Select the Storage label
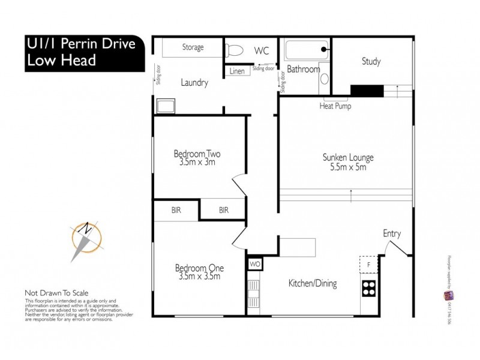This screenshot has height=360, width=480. (x=193, y=47)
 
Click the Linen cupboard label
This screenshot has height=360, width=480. (x=237, y=71)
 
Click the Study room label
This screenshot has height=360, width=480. (x=371, y=61)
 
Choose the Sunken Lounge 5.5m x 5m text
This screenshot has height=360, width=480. (x=348, y=163)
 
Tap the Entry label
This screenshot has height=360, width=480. (x=391, y=234)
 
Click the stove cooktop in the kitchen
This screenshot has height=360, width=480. (x=368, y=289)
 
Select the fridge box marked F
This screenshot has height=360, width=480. (x=367, y=264)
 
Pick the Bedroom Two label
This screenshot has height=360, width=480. (x=197, y=157)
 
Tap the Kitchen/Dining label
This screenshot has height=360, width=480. (x=312, y=284)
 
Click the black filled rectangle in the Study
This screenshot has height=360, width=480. (x=367, y=91)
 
